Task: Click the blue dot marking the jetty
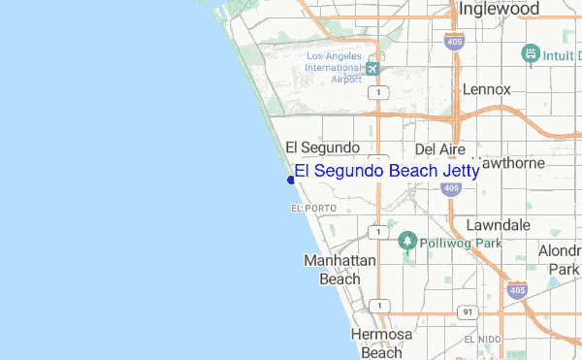(x=291, y=180)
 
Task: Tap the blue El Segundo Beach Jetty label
(x=386, y=171)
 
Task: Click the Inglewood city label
(x=499, y=9)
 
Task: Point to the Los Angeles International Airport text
(x=333, y=67)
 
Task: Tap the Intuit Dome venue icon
(x=531, y=53)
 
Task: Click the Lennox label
(x=486, y=89)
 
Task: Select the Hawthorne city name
(x=509, y=163)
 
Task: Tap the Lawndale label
(x=498, y=224)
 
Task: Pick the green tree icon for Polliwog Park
(x=407, y=241)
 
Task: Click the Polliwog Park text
(x=461, y=243)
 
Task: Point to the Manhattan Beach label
(x=332, y=270)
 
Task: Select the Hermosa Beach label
(x=381, y=344)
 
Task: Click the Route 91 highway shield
(x=468, y=311)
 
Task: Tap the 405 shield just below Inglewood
(x=453, y=40)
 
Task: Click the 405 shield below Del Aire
(x=449, y=187)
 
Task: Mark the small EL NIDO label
(x=482, y=340)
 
